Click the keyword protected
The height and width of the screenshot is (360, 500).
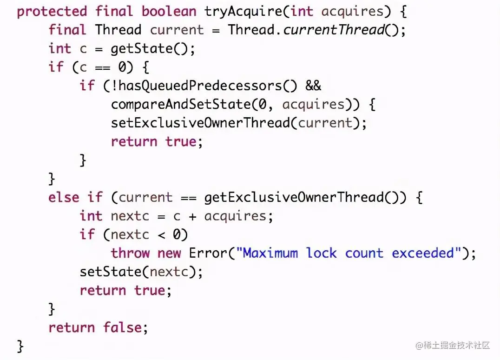(x=52, y=12)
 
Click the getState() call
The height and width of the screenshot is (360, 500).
(x=153, y=49)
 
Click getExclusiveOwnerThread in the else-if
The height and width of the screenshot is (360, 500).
(x=294, y=198)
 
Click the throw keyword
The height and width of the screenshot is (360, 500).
(x=130, y=253)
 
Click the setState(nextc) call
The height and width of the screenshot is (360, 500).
(x=141, y=272)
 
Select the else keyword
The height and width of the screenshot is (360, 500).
(x=64, y=198)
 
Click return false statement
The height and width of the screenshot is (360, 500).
(x=98, y=328)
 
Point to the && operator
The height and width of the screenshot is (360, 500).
(x=313, y=86)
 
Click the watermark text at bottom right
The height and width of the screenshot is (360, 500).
(x=453, y=345)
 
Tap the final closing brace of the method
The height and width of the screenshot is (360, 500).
(x=20, y=347)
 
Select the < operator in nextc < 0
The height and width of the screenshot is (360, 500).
(x=161, y=235)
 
